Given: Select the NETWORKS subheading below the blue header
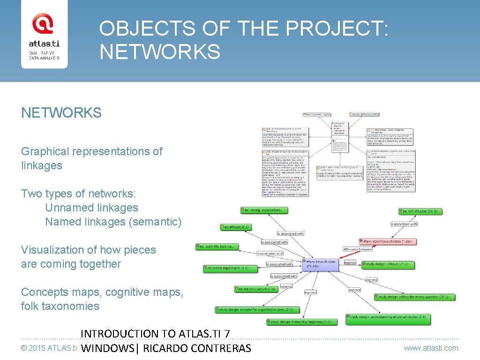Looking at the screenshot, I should (x=61, y=112).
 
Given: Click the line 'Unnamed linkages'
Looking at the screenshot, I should (x=91, y=208).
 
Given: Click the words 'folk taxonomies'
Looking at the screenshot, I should (x=60, y=306).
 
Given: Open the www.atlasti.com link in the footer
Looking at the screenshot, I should (x=431, y=348).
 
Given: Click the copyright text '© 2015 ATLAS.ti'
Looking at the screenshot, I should (x=49, y=348).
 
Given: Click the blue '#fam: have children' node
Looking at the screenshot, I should (x=321, y=264).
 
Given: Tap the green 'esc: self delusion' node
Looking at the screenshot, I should (x=420, y=211).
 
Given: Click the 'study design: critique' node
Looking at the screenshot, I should (x=388, y=264).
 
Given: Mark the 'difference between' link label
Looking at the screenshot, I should (x=357, y=249).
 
